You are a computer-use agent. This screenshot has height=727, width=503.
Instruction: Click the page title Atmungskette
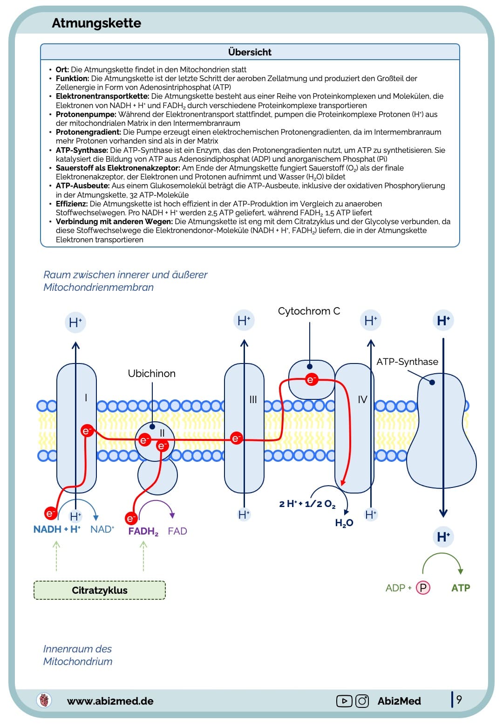click(x=96, y=23)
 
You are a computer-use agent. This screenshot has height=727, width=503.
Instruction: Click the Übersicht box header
click(x=250, y=52)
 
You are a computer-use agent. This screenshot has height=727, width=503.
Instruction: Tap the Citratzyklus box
click(x=100, y=590)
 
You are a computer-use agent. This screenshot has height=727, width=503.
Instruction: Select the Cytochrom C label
click(x=309, y=311)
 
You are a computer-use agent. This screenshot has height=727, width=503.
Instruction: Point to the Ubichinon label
click(x=151, y=373)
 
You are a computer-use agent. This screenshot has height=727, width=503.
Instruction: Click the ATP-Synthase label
click(x=407, y=362)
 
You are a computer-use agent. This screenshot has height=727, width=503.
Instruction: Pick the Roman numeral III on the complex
click(x=253, y=399)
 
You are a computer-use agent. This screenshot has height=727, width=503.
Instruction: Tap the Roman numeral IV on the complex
click(x=362, y=399)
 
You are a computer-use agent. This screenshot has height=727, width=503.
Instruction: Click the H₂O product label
click(x=344, y=523)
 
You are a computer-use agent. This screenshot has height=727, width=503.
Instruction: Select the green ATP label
click(x=461, y=588)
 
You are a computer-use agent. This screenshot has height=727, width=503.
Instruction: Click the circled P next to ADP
click(x=423, y=588)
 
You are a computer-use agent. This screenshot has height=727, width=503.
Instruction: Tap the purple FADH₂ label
click(x=143, y=531)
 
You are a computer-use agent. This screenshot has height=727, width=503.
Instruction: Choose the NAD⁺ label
click(x=102, y=529)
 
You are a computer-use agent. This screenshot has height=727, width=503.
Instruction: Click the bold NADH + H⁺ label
click(x=57, y=529)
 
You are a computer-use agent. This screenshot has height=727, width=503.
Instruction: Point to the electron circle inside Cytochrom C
click(x=311, y=380)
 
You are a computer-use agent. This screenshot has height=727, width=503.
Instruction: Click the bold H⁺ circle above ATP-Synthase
click(x=443, y=321)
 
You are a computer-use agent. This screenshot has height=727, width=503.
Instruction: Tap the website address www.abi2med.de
click(x=110, y=701)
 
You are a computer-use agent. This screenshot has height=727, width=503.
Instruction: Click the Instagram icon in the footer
click(x=362, y=701)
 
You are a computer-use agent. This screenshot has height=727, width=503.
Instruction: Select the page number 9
click(x=459, y=700)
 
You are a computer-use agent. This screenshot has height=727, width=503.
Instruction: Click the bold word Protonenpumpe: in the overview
click(x=86, y=114)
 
